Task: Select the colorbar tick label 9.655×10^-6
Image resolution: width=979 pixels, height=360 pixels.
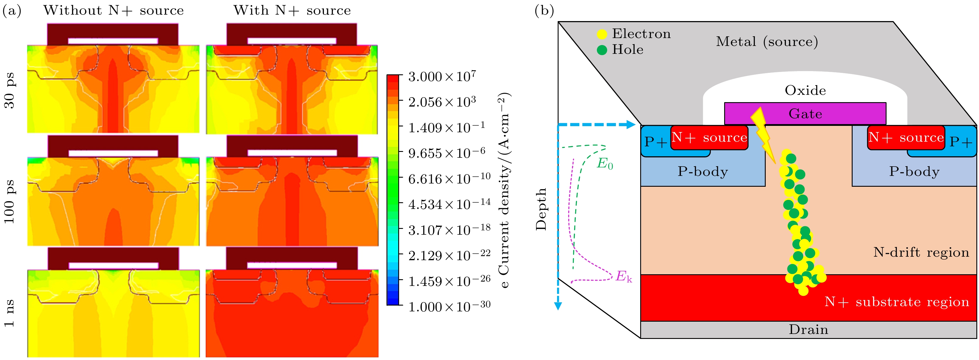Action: pos(446,153)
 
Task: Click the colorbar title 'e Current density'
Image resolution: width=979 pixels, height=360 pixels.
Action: pos(504,190)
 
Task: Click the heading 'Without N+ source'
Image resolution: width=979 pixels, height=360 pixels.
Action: pos(113,10)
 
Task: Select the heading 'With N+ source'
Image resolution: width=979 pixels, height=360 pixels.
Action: pos(292,10)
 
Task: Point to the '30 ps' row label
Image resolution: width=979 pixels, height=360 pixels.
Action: pos(9,90)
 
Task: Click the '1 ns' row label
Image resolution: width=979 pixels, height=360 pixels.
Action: pos(9,313)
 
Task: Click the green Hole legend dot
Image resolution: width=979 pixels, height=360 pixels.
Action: pos(602,50)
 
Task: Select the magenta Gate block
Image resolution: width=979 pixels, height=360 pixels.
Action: pos(805,113)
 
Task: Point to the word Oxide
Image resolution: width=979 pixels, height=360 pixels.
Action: pos(805,90)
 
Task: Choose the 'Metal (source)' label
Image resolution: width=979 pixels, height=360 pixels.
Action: pos(767,42)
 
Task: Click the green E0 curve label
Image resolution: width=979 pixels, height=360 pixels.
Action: pos(605,164)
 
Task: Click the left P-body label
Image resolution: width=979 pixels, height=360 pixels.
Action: pos(703,172)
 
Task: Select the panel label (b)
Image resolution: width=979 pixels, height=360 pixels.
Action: pos(544,11)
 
